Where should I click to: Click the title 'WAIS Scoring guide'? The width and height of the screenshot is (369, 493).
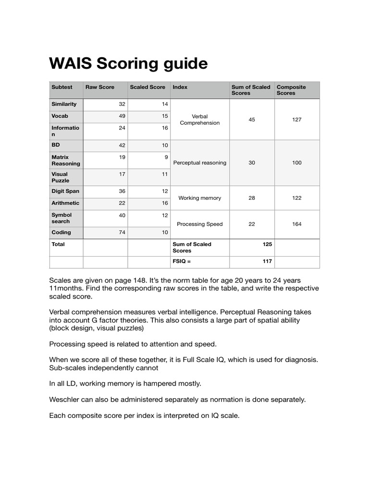click(128, 64)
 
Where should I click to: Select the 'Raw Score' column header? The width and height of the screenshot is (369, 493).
click(100, 87)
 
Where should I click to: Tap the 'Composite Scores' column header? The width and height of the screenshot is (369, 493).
click(291, 90)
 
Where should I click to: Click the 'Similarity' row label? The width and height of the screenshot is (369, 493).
click(64, 104)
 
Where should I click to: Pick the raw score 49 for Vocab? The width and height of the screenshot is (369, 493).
click(122, 116)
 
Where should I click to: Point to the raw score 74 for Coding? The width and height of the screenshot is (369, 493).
click(122, 233)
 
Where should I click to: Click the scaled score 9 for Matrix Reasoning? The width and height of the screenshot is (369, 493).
click(166, 157)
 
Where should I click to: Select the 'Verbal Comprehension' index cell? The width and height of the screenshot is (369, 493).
click(199, 119)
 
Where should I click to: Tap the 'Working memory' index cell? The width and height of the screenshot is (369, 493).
click(199, 198)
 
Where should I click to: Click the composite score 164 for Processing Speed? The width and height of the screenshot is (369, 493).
click(297, 224)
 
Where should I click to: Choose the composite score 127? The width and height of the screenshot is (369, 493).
click(297, 119)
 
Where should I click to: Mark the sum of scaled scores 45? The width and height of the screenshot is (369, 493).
click(252, 119)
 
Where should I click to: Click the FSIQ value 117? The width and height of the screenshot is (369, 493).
click(267, 261)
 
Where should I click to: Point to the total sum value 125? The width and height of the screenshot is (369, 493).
click(267, 244)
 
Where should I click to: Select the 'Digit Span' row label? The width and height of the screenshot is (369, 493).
click(65, 191)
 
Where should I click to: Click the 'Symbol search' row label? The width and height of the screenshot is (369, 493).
click(61, 218)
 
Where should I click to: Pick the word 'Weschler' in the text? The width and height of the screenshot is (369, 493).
click(64, 400)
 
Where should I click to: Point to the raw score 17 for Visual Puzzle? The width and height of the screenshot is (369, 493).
click(122, 174)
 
